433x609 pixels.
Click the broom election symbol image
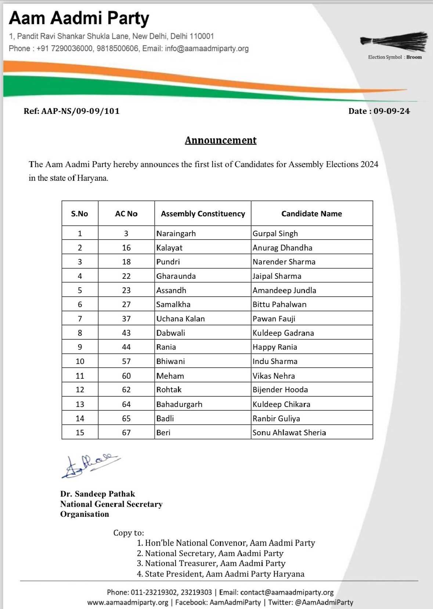click(x=394, y=42)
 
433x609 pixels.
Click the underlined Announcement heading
click(x=220, y=140)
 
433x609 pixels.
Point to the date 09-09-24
click(x=391, y=111)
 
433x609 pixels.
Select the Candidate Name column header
click(x=311, y=214)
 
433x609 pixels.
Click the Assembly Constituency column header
click(x=203, y=214)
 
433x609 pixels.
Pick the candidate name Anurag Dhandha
click(x=282, y=248)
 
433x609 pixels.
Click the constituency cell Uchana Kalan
click(x=180, y=319)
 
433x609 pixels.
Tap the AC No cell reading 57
click(x=126, y=361)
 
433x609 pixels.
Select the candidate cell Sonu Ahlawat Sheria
click(x=289, y=433)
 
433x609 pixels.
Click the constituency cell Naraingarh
click(x=176, y=234)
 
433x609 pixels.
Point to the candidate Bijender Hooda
click(x=280, y=390)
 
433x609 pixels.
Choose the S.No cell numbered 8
click(x=80, y=333)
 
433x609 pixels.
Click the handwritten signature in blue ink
click(x=90, y=465)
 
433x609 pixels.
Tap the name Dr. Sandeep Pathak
click(x=98, y=494)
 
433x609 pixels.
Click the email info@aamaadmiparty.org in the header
click(x=207, y=48)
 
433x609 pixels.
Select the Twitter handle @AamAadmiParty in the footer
click(x=324, y=602)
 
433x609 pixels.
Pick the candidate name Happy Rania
click(x=275, y=347)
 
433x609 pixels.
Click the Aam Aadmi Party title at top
click(x=79, y=18)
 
